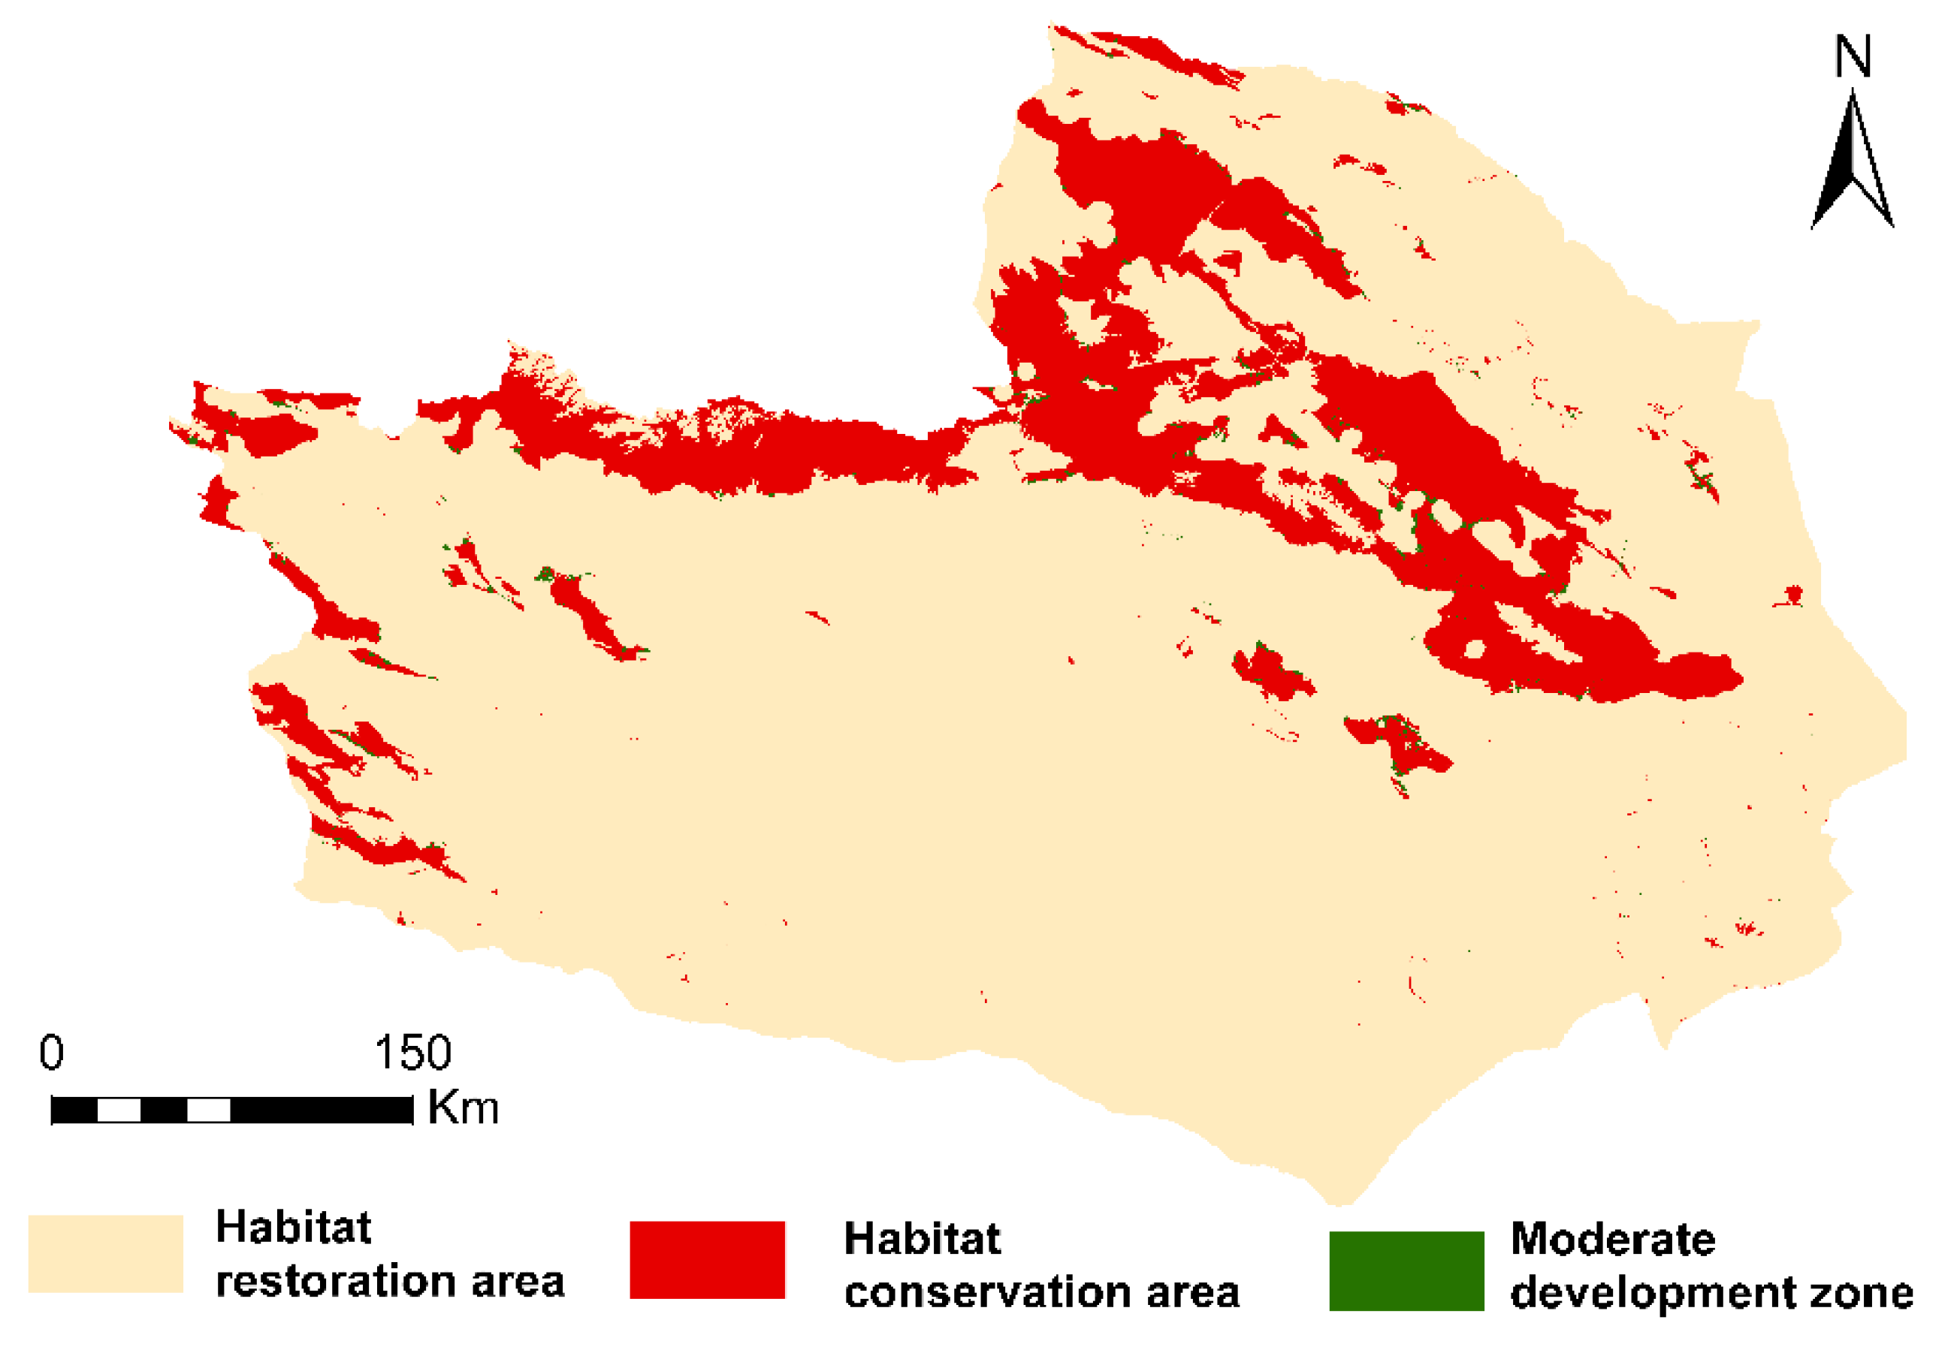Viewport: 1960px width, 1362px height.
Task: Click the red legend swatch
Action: click(x=707, y=1261)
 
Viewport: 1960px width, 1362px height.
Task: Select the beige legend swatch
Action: click(x=106, y=1254)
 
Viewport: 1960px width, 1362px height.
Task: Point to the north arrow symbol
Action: click(x=1852, y=162)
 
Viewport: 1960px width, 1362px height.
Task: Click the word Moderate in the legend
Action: click(x=1613, y=1239)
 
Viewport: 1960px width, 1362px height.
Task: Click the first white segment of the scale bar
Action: click(x=119, y=1110)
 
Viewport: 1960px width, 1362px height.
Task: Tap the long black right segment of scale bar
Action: click(x=322, y=1110)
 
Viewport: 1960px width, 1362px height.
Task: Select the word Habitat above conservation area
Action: click(x=922, y=1238)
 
